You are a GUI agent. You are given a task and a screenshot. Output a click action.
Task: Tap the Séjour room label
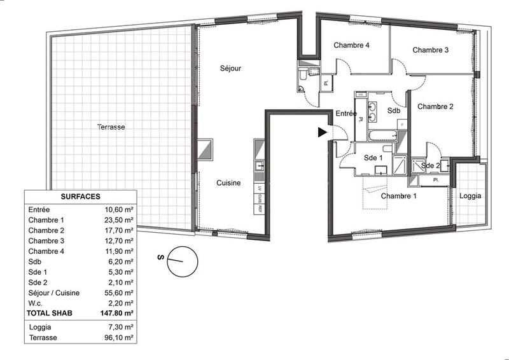point(231,68)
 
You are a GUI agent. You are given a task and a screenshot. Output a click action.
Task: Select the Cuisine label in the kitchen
point(228,183)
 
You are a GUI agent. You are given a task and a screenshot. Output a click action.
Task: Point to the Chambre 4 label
point(352,46)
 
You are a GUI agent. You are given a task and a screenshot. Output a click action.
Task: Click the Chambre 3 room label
point(431,50)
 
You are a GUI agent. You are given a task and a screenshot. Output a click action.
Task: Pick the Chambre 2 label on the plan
point(435,107)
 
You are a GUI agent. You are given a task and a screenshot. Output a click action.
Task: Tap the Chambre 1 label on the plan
point(398,196)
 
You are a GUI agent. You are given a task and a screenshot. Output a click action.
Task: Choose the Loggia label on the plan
point(471,196)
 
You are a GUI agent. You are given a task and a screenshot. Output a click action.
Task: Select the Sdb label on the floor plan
point(394,111)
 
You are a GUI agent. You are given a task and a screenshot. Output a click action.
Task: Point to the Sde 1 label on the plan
point(372,157)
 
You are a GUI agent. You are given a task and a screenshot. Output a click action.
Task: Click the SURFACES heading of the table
point(80,197)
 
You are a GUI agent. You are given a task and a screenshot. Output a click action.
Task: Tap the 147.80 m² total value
point(118,314)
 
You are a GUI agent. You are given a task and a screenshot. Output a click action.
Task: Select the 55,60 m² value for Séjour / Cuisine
point(119,293)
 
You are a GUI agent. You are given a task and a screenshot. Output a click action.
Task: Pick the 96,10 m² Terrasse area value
point(119,338)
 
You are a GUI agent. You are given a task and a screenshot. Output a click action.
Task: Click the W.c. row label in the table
point(37,303)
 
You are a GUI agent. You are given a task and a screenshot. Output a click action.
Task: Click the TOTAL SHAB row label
point(50,314)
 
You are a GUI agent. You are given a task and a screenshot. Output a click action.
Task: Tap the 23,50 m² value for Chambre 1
point(119,220)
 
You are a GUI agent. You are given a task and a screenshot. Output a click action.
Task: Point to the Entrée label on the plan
point(346,114)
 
